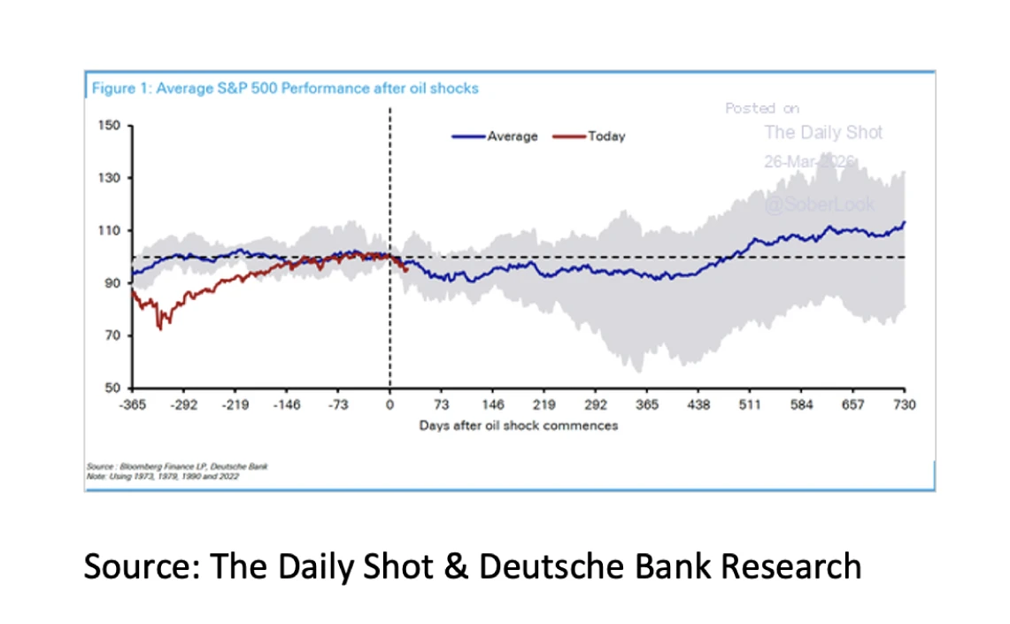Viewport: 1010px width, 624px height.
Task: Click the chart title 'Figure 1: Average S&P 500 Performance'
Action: (284, 89)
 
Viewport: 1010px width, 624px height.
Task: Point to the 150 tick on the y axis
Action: (110, 126)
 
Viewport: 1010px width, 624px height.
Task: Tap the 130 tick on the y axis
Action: (110, 178)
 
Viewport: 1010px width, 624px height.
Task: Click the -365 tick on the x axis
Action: (132, 404)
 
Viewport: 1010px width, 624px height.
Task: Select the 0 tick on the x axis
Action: (389, 404)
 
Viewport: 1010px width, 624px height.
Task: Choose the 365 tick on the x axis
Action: (647, 404)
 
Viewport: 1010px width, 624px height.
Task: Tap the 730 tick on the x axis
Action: (904, 404)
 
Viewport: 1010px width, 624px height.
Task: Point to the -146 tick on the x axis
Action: (287, 404)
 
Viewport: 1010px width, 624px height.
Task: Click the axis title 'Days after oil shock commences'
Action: (518, 426)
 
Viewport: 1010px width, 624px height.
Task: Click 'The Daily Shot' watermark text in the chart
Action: (823, 133)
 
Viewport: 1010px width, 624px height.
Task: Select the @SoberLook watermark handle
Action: (819, 204)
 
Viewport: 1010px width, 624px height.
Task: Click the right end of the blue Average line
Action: (904, 223)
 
